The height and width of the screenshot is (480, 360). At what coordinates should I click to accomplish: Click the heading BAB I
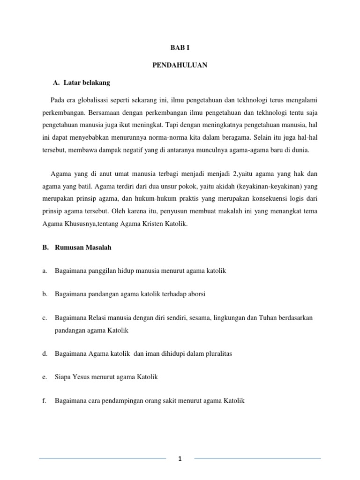(180, 48)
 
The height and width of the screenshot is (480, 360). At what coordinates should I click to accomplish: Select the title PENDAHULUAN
(180, 66)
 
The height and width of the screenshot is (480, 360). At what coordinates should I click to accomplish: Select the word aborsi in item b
(196, 294)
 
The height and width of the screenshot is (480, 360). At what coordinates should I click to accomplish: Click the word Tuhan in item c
(255, 318)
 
